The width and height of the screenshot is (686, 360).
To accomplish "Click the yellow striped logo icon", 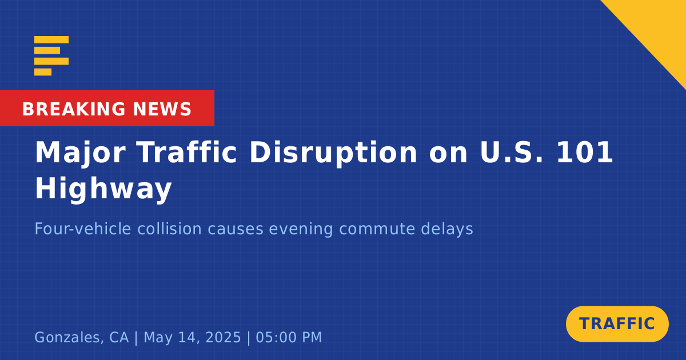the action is click(51, 56).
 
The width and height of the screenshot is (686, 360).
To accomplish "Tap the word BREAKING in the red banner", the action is click(74, 109).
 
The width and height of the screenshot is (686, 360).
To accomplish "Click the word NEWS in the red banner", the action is click(162, 109).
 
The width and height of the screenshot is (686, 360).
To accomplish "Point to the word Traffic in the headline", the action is click(187, 152).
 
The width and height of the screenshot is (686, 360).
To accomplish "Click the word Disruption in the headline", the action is click(333, 153).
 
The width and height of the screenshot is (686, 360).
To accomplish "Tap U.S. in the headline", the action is click(512, 152).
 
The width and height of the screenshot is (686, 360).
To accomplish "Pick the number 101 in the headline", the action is click(585, 152).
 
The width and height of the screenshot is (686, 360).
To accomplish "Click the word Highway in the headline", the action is click(103, 189).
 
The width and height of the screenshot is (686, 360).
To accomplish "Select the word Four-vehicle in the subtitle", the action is click(83, 229).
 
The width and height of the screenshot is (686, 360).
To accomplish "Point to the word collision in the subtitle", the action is click(169, 229).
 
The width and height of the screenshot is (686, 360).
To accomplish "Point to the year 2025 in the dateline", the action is click(224, 337).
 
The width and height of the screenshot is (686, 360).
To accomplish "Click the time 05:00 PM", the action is click(289, 337).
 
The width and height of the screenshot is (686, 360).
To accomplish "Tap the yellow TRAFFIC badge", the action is click(617, 324).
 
